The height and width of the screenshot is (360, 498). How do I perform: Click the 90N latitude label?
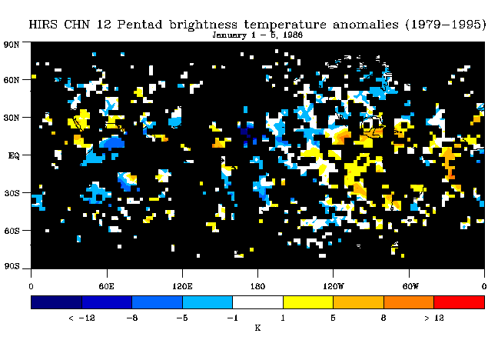(12, 45)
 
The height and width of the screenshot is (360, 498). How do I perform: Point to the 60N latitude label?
(12, 80)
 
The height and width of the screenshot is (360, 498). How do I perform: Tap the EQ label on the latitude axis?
(14, 155)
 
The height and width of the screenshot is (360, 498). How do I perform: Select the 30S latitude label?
(12, 193)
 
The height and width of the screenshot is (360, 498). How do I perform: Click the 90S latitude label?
(12, 266)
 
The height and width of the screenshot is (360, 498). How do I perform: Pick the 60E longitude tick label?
(106, 286)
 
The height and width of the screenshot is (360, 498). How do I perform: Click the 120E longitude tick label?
(182, 286)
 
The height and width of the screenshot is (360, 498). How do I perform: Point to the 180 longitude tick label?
(257, 286)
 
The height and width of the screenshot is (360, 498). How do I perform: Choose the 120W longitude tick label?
(334, 286)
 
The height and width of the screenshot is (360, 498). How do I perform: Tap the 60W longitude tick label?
(410, 286)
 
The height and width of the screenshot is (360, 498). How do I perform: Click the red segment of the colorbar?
(460, 302)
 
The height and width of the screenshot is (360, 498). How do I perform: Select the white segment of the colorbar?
(258, 302)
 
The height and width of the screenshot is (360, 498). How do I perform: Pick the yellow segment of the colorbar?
(308, 302)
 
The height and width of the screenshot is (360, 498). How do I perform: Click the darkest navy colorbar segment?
(56, 302)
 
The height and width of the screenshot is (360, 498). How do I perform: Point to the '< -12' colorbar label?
(81, 318)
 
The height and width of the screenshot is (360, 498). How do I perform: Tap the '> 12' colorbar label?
(434, 318)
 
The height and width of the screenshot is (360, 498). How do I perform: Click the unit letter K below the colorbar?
(257, 328)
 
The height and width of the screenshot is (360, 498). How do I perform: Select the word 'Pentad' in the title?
(140, 25)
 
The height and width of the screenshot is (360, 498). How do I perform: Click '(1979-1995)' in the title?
(446, 25)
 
